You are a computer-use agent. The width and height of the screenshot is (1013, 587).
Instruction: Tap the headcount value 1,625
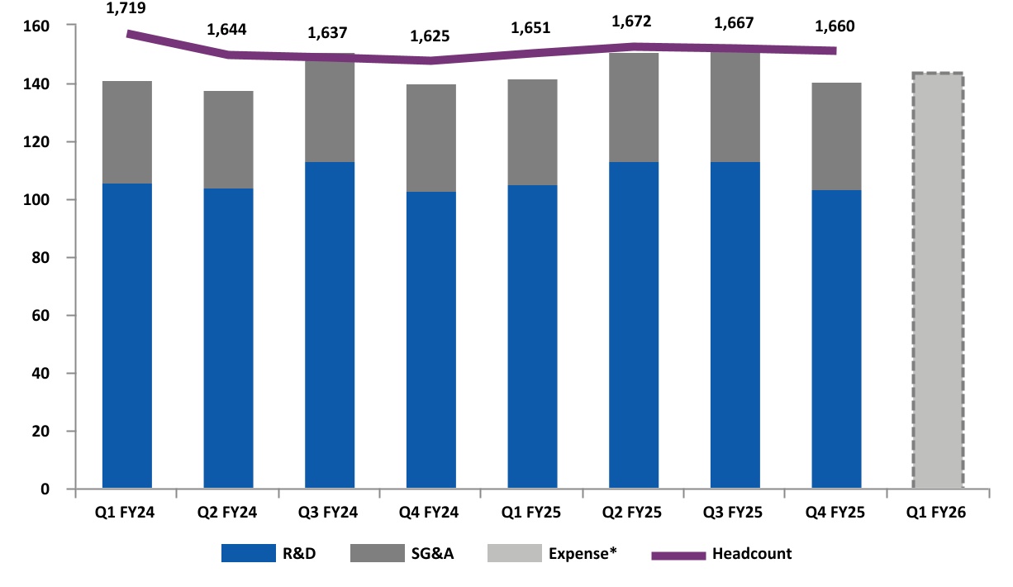[430, 36]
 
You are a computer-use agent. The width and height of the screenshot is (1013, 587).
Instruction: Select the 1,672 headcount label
[632, 20]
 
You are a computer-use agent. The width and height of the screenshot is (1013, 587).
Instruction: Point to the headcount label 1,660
[835, 26]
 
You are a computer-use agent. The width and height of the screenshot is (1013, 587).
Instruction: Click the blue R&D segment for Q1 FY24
[126, 335]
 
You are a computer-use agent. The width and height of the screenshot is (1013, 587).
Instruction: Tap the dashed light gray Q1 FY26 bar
[938, 281]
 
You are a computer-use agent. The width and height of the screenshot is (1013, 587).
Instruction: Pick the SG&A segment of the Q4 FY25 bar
[836, 136]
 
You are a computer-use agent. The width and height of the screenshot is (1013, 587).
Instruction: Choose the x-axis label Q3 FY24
[329, 513]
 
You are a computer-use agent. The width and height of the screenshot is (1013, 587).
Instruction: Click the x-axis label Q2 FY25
[633, 513]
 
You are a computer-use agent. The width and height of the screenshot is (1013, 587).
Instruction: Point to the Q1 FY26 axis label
[937, 513]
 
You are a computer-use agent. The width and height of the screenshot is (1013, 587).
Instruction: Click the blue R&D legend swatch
[248, 554]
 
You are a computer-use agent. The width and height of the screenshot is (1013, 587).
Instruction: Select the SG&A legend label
[430, 554]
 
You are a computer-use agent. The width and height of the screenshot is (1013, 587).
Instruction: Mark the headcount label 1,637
[329, 33]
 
